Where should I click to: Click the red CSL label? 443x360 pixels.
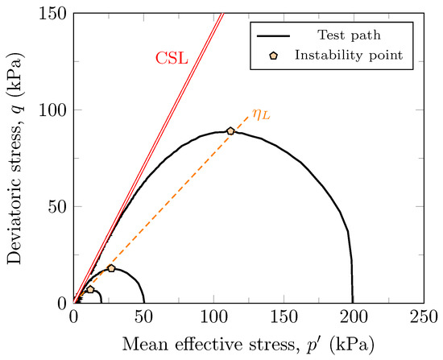(x=171, y=59)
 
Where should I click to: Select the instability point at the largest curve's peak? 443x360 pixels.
(x=230, y=130)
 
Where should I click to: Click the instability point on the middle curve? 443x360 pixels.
(x=111, y=268)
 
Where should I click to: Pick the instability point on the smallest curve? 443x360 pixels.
(x=90, y=289)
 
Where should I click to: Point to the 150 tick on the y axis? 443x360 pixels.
(x=55, y=13)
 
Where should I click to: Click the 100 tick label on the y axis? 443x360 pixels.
(x=55, y=110)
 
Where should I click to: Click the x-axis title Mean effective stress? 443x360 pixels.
(x=248, y=343)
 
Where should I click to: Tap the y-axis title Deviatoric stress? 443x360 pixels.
(x=18, y=157)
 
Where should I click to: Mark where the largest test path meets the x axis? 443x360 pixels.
(x=353, y=302)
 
